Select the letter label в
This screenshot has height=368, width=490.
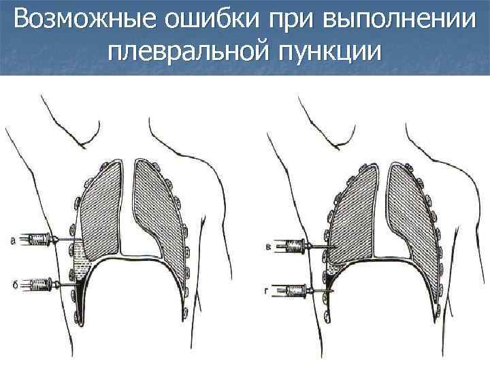(267, 245)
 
